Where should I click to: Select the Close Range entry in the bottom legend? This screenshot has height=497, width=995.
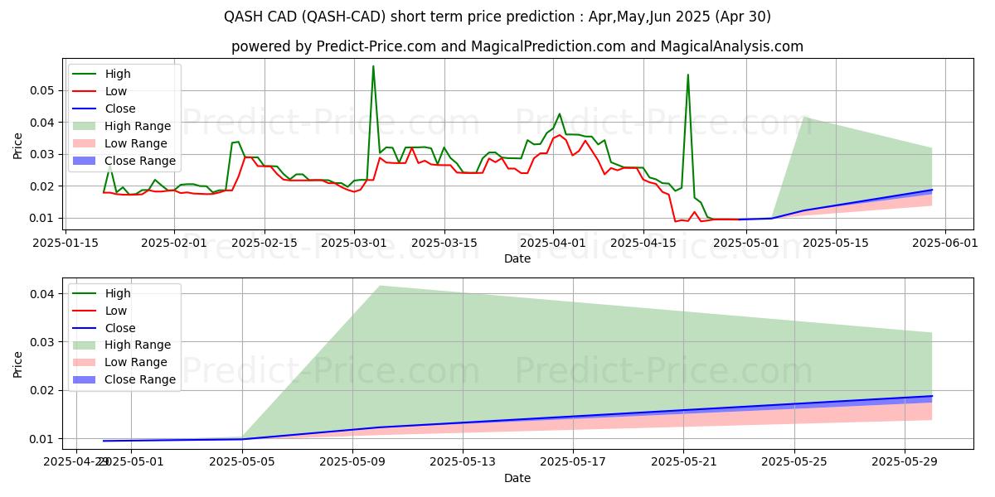(x=140, y=379)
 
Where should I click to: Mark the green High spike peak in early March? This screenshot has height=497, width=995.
(x=373, y=66)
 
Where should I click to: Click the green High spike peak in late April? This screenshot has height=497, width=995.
(x=687, y=75)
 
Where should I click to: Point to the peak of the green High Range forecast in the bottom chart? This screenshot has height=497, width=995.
(x=380, y=286)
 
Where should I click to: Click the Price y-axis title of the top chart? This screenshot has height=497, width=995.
(x=18, y=146)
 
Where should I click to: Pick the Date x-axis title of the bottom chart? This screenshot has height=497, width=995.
(x=517, y=478)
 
